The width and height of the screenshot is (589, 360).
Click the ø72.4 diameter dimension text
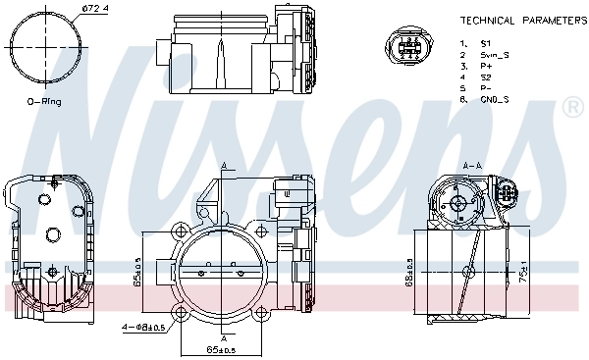[x=66, y=9]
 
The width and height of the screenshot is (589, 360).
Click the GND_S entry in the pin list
[x=492, y=98]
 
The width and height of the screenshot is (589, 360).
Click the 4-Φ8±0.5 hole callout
[x=143, y=326]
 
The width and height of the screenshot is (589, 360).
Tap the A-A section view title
[x=470, y=166]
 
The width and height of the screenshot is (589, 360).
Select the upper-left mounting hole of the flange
[x=181, y=233]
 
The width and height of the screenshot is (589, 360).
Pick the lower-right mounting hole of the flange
[x=264, y=314]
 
